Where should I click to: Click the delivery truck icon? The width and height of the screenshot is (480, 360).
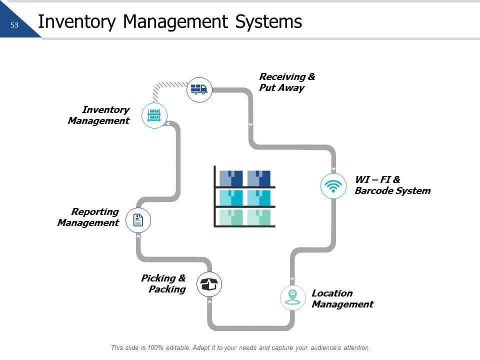pyautogui.click(x=199, y=90)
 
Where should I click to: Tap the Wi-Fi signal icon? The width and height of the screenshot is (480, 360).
pyautogui.click(x=333, y=186)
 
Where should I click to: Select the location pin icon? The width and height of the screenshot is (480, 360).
pyautogui.click(x=292, y=297)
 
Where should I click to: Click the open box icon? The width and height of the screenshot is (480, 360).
pyautogui.click(x=209, y=284)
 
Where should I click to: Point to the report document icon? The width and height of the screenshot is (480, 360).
pyautogui.click(x=138, y=220)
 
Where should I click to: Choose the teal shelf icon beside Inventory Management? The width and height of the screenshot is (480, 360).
pyautogui.click(x=154, y=115)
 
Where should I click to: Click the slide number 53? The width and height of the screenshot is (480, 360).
pyautogui.click(x=14, y=25)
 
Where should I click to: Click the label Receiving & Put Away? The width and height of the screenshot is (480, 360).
pyautogui.click(x=287, y=82)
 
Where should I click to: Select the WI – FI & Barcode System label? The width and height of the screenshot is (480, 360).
pyautogui.click(x=392, y=185)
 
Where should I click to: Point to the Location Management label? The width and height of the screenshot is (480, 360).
pyautogui.click(x=342, y=298)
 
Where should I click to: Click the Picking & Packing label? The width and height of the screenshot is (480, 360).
pyautogui.click(x=163, y=283)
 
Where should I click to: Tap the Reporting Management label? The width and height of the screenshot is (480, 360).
pyautogui.click(x=88, y=217)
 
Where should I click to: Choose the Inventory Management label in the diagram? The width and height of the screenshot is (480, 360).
pyautogui.click(x=99, y=115)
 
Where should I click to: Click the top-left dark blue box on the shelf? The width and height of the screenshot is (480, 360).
pyautogui.click(x=231, y=178)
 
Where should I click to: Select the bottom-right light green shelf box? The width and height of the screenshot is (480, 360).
pyautogui.click(x=259, y=217)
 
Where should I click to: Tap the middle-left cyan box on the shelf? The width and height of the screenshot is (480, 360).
pyautogui.click(x=231, y=197)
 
